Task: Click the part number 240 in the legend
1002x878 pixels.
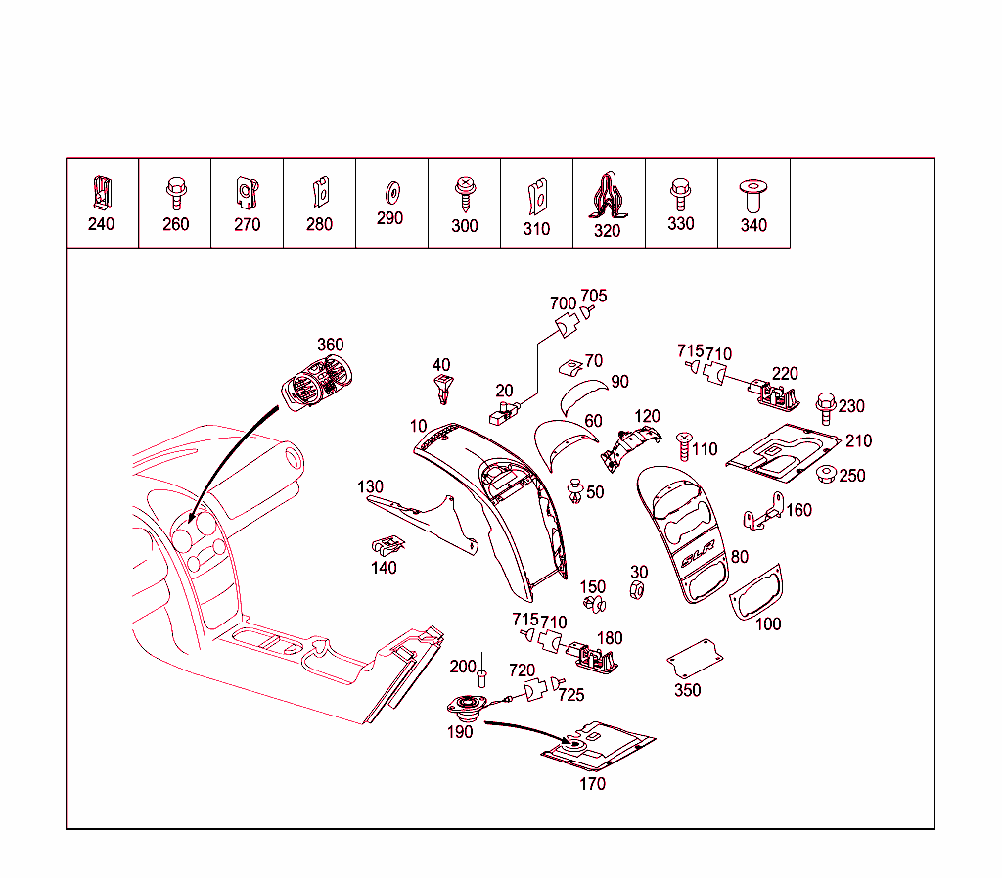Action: coord(101,224)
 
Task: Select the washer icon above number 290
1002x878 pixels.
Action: coord(390,186)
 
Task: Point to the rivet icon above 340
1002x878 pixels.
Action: coord(753,192)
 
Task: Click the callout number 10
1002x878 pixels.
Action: coord(419,427)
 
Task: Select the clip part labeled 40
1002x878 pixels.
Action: coord(443,389)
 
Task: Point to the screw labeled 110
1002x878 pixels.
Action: coord(685,446)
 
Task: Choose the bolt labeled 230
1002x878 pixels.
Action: coord(824,405)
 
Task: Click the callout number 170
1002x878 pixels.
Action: coord(593,783)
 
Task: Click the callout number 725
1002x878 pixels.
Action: coord(571,695)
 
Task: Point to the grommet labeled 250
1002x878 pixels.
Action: coord(825,476)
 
